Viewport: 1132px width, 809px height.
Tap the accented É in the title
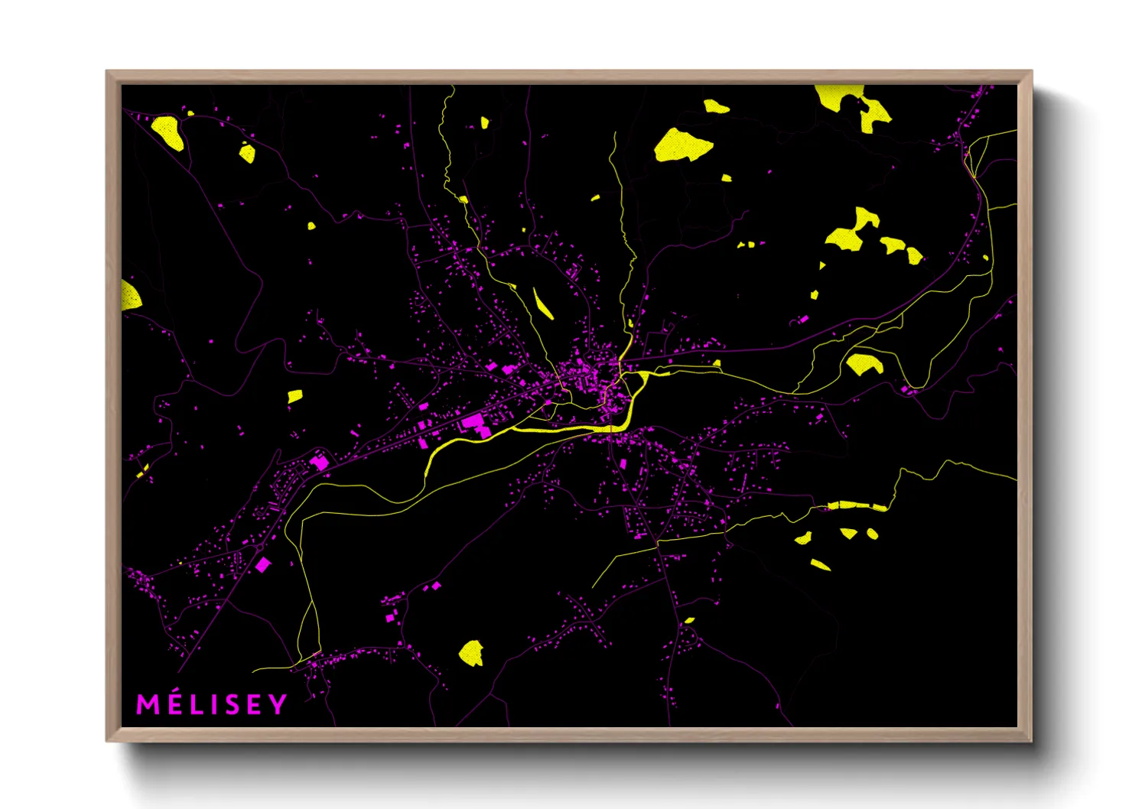pos(174,703)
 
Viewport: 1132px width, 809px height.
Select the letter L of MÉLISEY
pos(195,704)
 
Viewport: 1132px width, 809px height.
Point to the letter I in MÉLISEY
pos(212,704)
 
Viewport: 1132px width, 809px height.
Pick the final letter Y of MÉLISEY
pos(278,704)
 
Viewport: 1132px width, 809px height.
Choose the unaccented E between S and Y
pos(253,704)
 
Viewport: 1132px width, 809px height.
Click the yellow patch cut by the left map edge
pos(130,295)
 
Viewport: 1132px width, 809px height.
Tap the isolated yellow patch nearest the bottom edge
pos(471,653)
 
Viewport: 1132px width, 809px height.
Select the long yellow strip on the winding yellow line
pos(857,505)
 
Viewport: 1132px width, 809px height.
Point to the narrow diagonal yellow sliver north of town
pos(542,304)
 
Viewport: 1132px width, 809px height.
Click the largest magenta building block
pos(473,420)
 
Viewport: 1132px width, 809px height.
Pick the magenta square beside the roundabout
pos(263,564)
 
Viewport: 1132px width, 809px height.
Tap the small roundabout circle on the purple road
pos(259,547)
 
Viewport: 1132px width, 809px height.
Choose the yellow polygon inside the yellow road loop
pos(864,364)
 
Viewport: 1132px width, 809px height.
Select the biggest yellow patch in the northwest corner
pos(168,132)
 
